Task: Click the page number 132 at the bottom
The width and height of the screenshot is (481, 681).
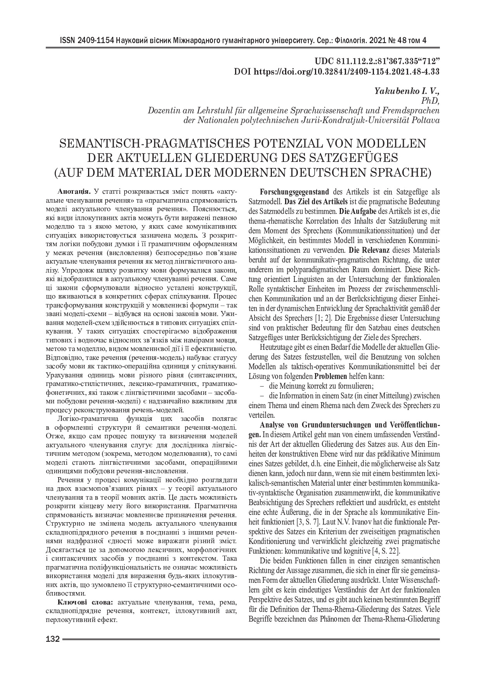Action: coord(52,639)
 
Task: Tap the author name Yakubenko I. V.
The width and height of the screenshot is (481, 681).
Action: coord(407,91)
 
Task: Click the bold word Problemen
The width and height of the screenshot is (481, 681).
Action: coord(331,376)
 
